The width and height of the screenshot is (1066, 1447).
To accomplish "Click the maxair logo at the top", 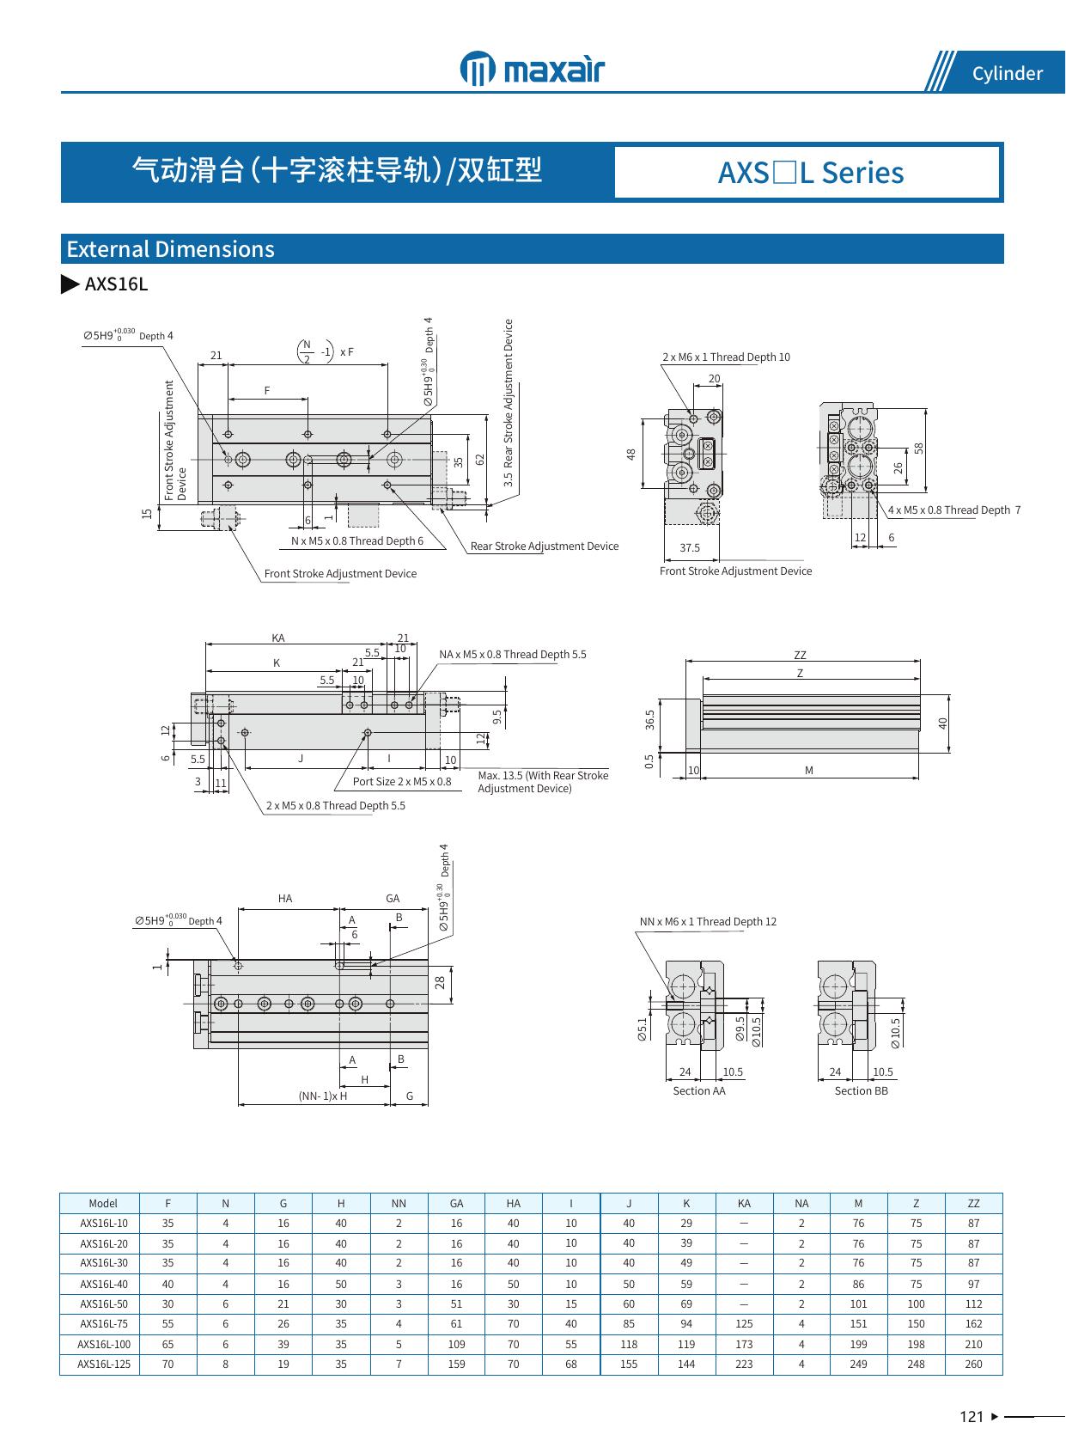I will coord(533,69).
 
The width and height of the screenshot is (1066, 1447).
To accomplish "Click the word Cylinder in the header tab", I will coord(1007,74).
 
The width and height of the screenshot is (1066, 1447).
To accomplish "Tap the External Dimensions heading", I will coord(171,249).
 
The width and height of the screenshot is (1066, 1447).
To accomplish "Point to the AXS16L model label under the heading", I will coord(116,284).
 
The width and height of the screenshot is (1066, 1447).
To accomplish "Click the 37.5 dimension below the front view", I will coord(690,547).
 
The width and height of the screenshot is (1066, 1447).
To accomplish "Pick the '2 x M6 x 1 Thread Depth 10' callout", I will coord(726,357).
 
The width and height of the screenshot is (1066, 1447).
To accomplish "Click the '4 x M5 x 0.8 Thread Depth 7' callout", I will coord(953,510).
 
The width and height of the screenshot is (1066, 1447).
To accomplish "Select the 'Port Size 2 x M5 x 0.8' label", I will coord(401,781).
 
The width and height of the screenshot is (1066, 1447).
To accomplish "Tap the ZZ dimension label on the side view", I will coord(801,656).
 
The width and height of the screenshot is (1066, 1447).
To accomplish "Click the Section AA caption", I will coord(698,1091).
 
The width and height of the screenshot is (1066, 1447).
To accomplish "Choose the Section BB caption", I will coord(861,1091).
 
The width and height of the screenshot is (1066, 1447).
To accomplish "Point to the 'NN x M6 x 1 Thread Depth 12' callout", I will coord(708,922).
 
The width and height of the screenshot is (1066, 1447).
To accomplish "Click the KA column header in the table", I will coord(744,1204).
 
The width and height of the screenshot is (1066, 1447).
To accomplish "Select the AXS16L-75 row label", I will coord(104,1324).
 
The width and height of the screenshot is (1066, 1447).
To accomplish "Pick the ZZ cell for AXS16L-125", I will coord(973,1365).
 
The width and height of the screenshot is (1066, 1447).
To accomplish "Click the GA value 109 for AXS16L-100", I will coord(456,1344).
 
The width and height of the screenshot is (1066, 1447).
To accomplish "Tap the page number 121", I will coord(972,1417).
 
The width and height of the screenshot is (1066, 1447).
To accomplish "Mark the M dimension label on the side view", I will coord(809,771).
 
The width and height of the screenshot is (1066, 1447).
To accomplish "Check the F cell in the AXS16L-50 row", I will coord(168,1304).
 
